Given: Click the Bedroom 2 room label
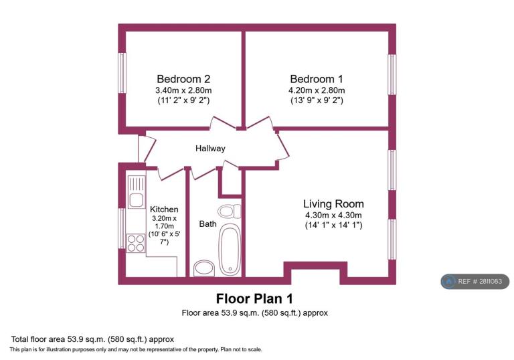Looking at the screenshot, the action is (x=183, y=79).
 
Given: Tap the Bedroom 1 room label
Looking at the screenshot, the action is (x=317, y=79).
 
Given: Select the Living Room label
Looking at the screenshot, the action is (x=333, y=204).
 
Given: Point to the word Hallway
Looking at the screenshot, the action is (x=210, y=149).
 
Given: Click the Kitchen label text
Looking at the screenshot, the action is (x=164, y=209).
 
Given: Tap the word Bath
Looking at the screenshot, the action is (x=208, y=224).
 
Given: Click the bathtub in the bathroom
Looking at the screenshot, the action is (x=230, y=250).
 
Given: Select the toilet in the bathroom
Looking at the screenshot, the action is (x=230, y=211).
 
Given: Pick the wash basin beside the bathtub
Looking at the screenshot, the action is (x=204, y=268).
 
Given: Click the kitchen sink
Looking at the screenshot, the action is (x=136, y=192).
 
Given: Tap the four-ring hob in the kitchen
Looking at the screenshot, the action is (x=136, y=243).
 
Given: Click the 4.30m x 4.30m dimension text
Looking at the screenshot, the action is (x=333, y=215).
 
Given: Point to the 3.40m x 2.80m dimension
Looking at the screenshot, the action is (x=183, y=90).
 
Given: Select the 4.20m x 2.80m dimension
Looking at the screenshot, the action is (x=317, y=90).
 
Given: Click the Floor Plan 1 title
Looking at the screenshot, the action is (x=254, y=298).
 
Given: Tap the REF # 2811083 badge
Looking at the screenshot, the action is (x=475, y=281).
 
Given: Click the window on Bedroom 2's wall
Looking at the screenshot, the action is (x=122, y=73).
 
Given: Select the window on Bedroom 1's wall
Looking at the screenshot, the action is (x=392, y=74).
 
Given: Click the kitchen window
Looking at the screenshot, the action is (x=122, y=228).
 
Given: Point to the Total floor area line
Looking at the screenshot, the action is (x=92, y=339).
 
